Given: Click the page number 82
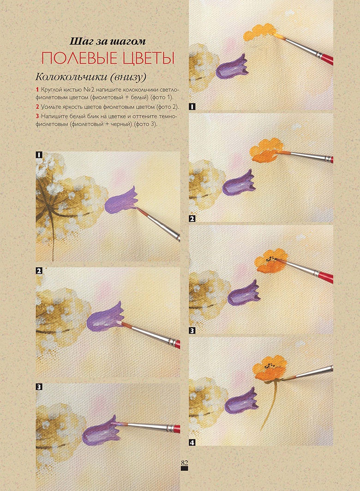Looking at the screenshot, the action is pos(184,463).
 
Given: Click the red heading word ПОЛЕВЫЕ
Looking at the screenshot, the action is pos(80,58).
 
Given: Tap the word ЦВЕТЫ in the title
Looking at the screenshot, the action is pos(149,58).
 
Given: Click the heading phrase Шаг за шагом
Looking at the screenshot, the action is pos(108,41).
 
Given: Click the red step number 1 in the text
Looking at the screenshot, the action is pos(37,89).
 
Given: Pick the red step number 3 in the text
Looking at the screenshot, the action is pos(37,116).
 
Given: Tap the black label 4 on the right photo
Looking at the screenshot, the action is pos(192,443).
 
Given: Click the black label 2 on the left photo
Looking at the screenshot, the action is pos(39,271).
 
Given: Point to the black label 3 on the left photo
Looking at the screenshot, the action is pos(39,387).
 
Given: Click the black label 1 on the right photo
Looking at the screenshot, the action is pos(192,107).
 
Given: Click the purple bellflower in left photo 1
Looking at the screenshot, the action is pos(121,201).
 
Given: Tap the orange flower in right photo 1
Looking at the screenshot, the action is pos(259,32).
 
